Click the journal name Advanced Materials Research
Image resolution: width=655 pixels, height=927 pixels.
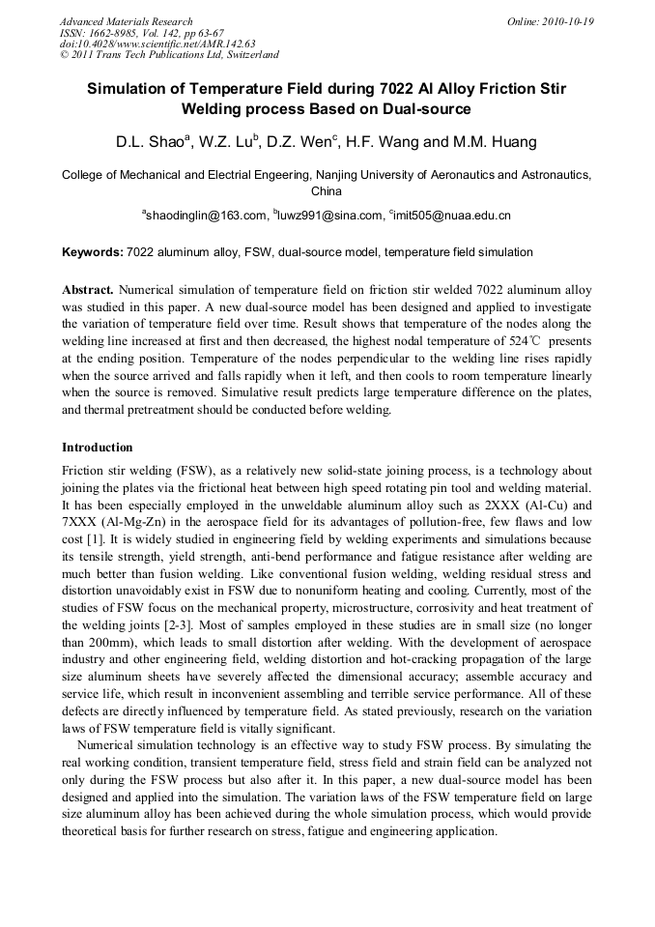[126, 21]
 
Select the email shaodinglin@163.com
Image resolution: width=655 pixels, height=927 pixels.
[205, 215]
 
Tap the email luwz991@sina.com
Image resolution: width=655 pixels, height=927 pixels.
[328, 215]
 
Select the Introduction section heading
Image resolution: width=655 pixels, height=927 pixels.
[98, 448]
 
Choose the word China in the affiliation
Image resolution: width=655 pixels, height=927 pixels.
[327, 191]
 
